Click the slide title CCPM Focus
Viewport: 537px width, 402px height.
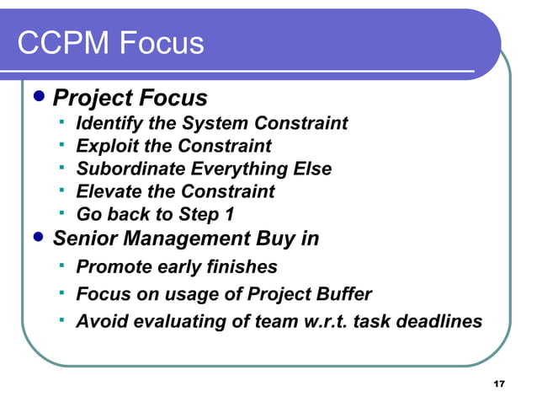(110, 42)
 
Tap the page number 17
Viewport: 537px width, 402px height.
(498, 384)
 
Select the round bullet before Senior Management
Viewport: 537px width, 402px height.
(36, 238)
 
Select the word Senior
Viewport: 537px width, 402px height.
(85, 239)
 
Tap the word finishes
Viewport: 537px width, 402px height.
(242, 267)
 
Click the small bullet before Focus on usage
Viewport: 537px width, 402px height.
(62, 292)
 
